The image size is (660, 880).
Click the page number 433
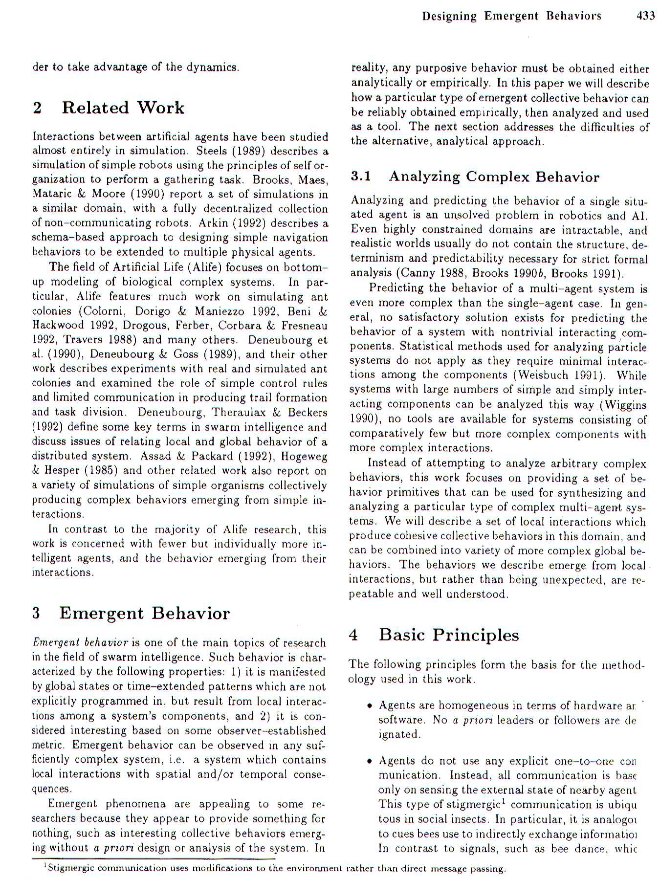(x=645, y=16)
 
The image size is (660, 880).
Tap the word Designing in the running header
(x=449, y=16)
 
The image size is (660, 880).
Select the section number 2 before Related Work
(x=37, y=108)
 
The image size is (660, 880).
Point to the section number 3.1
(x=361, y=176)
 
